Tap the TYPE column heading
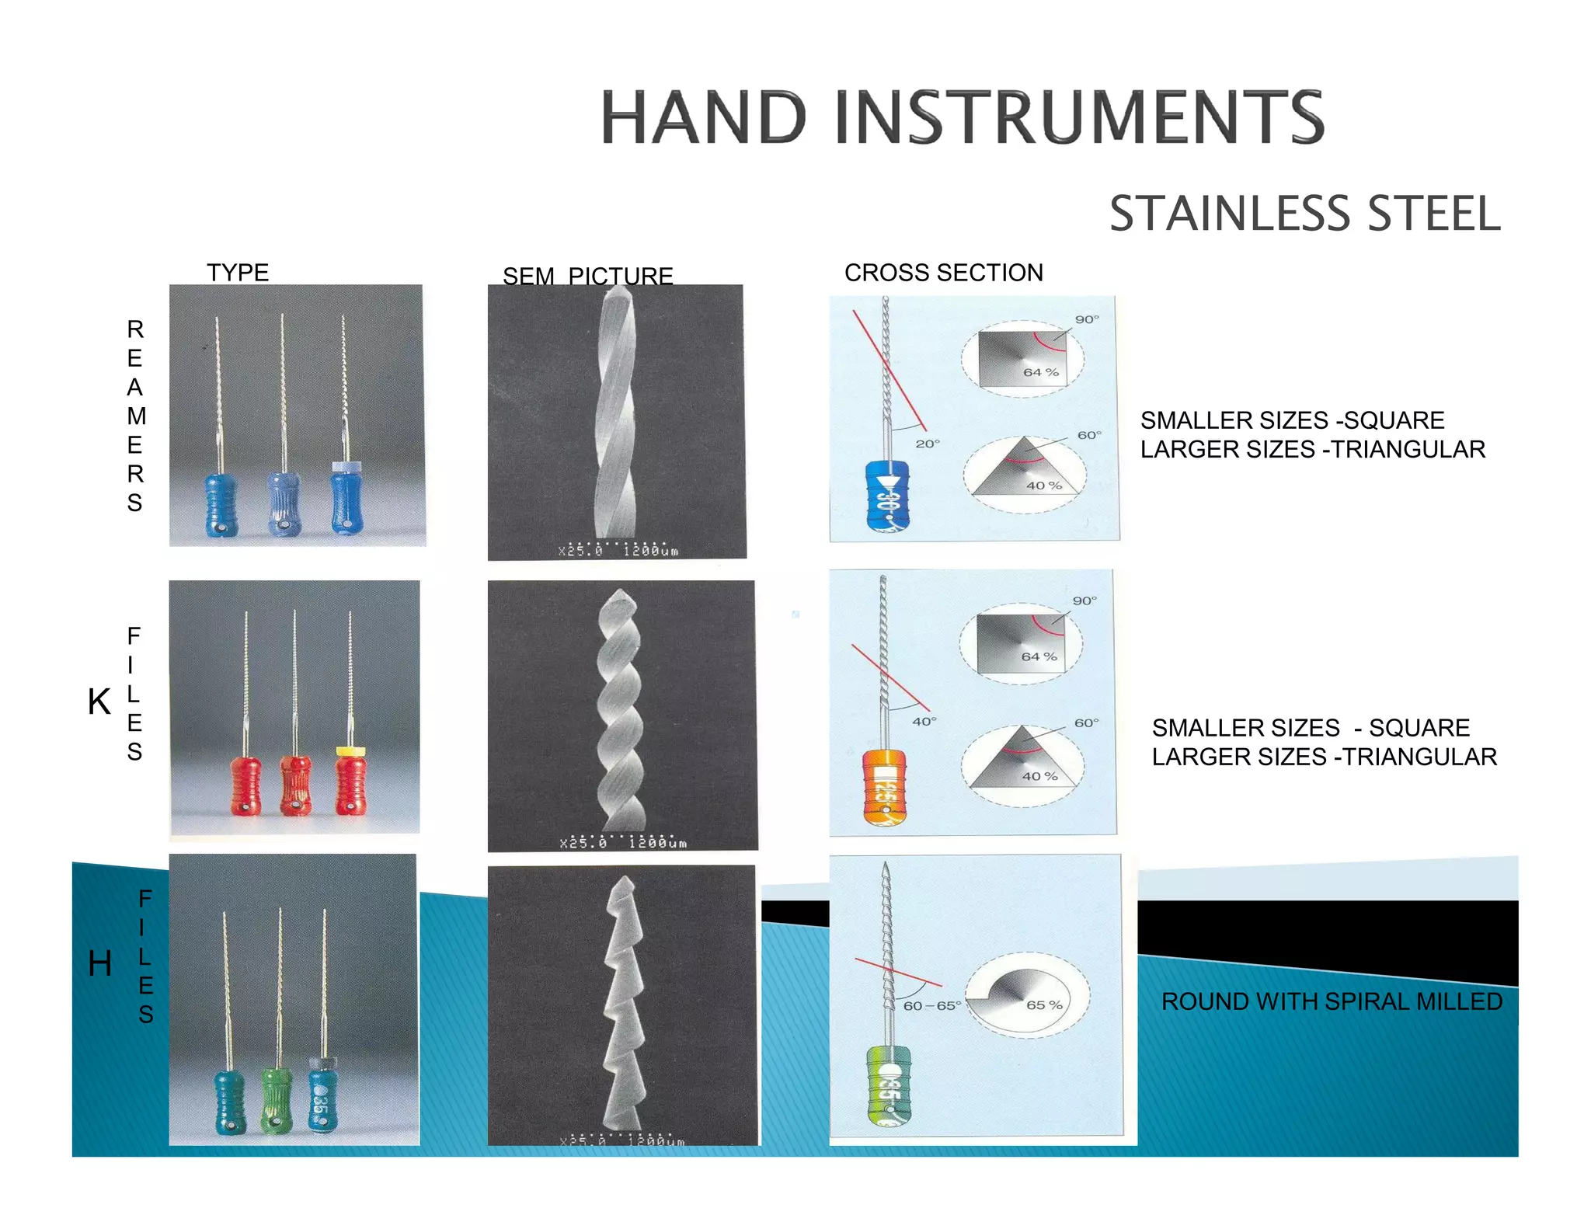click(x=238, y=273)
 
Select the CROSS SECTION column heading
click(x=943, y=273)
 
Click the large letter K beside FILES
click(x=99, y=702)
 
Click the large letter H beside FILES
click(x=100, y=964)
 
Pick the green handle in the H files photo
click(x=277, y=1099)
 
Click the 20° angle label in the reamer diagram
click(x=927, y=444)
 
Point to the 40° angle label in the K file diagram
click(x=924, y=722)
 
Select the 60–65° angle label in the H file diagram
click(x=931, y=1005)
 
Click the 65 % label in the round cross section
click(x=1043, y=1004)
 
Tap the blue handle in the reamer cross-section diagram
click(x=886, y=496)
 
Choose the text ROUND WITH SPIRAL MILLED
click(x=1332, y=1001)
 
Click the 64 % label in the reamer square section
click(x=1040, y=372)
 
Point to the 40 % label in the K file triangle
click(x=1039, y=776)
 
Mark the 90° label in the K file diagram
click(x=1084, y=601)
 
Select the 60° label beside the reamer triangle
click(x=1089, y=435)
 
